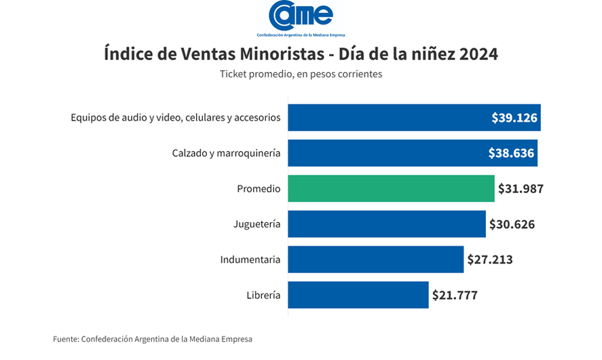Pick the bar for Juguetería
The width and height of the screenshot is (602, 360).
pyautogui.click(x=387, y=224)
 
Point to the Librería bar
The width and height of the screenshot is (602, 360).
pyautogui.click(x=358, y=295)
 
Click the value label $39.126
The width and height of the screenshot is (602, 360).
pyautogui.click(x=514, y=118)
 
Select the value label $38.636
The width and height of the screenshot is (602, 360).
pyautogui.click(x=511, y=154)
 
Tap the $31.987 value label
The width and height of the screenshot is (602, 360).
pyautogui.click(x=521, y=189)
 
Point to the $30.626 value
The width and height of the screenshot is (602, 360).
pyautogui.click(x=512, y=224)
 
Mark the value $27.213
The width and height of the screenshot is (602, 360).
pyautogui.click(x=490, y=259)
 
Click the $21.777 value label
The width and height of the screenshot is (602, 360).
pyautogui.click(x=455, y=295)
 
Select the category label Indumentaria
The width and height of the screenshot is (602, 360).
pyautogui.click(x=250, y=259)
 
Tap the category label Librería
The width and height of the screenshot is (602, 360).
pyautogui.click(x=263, y=295)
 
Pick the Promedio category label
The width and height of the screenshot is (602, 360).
pyautogui.click(x=259, y=189)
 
